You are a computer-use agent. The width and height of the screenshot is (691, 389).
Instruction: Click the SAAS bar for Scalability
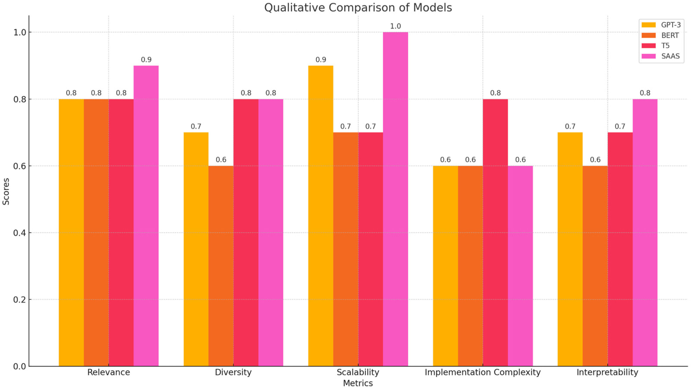pyautogui.click(x=395, y=199)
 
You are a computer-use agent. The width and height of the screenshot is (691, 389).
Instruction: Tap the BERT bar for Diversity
pyautogui.click(x=221, y=266)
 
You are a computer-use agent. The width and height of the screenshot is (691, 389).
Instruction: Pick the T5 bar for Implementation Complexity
pyautogui.click(x=495, y=232)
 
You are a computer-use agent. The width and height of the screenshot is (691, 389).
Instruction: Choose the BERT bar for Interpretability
pyautogui.click(x=595, y=266)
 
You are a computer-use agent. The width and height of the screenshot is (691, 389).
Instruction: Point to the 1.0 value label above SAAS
pyautogui.click(x=395, y=26)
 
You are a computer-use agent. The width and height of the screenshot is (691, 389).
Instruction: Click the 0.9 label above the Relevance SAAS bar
pyautogui.click(x=146, y=60)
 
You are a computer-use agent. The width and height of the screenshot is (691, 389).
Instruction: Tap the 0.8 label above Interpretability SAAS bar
pyautogui.click(x=645, y=93)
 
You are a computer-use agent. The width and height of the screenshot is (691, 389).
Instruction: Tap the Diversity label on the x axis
pyautogui.click(x=233, y=373)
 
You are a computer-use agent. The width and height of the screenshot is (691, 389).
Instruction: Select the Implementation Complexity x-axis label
pyautogui.click(x=483, y=373)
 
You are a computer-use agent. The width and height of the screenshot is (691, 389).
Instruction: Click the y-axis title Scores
pyautogui.click(x=6, y=191)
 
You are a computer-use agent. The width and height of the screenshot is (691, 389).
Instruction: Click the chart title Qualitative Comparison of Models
pyautogui.click(x=358, y=8)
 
